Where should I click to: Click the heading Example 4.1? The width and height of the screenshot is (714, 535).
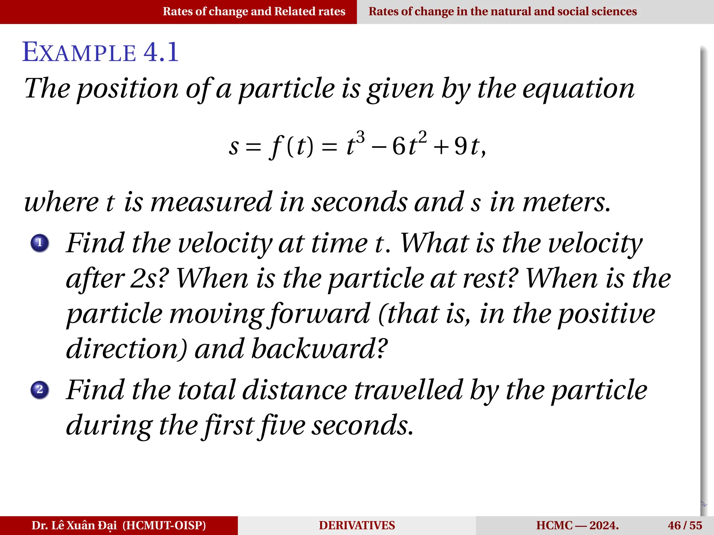(100, 52)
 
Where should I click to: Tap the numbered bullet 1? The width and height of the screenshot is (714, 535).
(40, 243)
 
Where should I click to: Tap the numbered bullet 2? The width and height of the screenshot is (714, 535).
(40, 389)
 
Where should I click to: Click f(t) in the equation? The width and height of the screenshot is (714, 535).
(291, 146)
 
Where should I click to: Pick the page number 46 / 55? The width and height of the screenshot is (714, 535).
(685, 525)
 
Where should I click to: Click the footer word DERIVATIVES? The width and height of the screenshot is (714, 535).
(357, 525)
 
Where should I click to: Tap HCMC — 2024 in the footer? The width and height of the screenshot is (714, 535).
(577, 525)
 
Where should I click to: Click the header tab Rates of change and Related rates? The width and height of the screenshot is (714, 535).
(254, 11)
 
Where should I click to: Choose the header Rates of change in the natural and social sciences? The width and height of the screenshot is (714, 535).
(503, 11)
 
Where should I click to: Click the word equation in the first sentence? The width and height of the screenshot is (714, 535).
(578, 89)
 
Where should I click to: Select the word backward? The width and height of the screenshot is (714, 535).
(319, 349)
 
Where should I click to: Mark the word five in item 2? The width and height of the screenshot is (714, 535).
(283, 426)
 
